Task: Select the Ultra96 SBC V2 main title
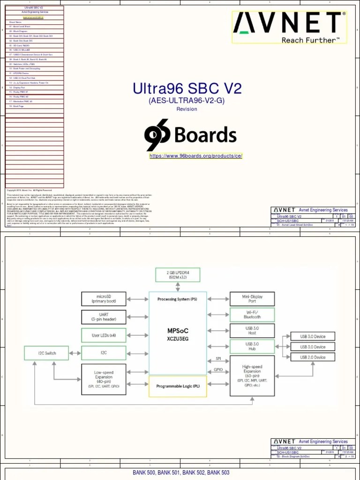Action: click(187, 89)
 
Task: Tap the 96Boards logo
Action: click(190, 135)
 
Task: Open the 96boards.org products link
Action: click(196, 156)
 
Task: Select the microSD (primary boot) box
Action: click(104, 299)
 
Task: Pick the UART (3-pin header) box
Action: click(104, 316)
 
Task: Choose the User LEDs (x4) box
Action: click(104, 335)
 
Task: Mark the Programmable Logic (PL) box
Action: click(178, 386)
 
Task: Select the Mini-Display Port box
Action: click(252, 299)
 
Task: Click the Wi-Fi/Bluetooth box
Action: click(252, 315)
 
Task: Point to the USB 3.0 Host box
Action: click(252, 330)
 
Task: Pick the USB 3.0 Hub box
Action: click(252, 346)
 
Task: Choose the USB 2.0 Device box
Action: click(313, 357)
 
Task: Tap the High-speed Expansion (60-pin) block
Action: click(252, 375)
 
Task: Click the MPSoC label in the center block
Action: click(178, 330)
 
